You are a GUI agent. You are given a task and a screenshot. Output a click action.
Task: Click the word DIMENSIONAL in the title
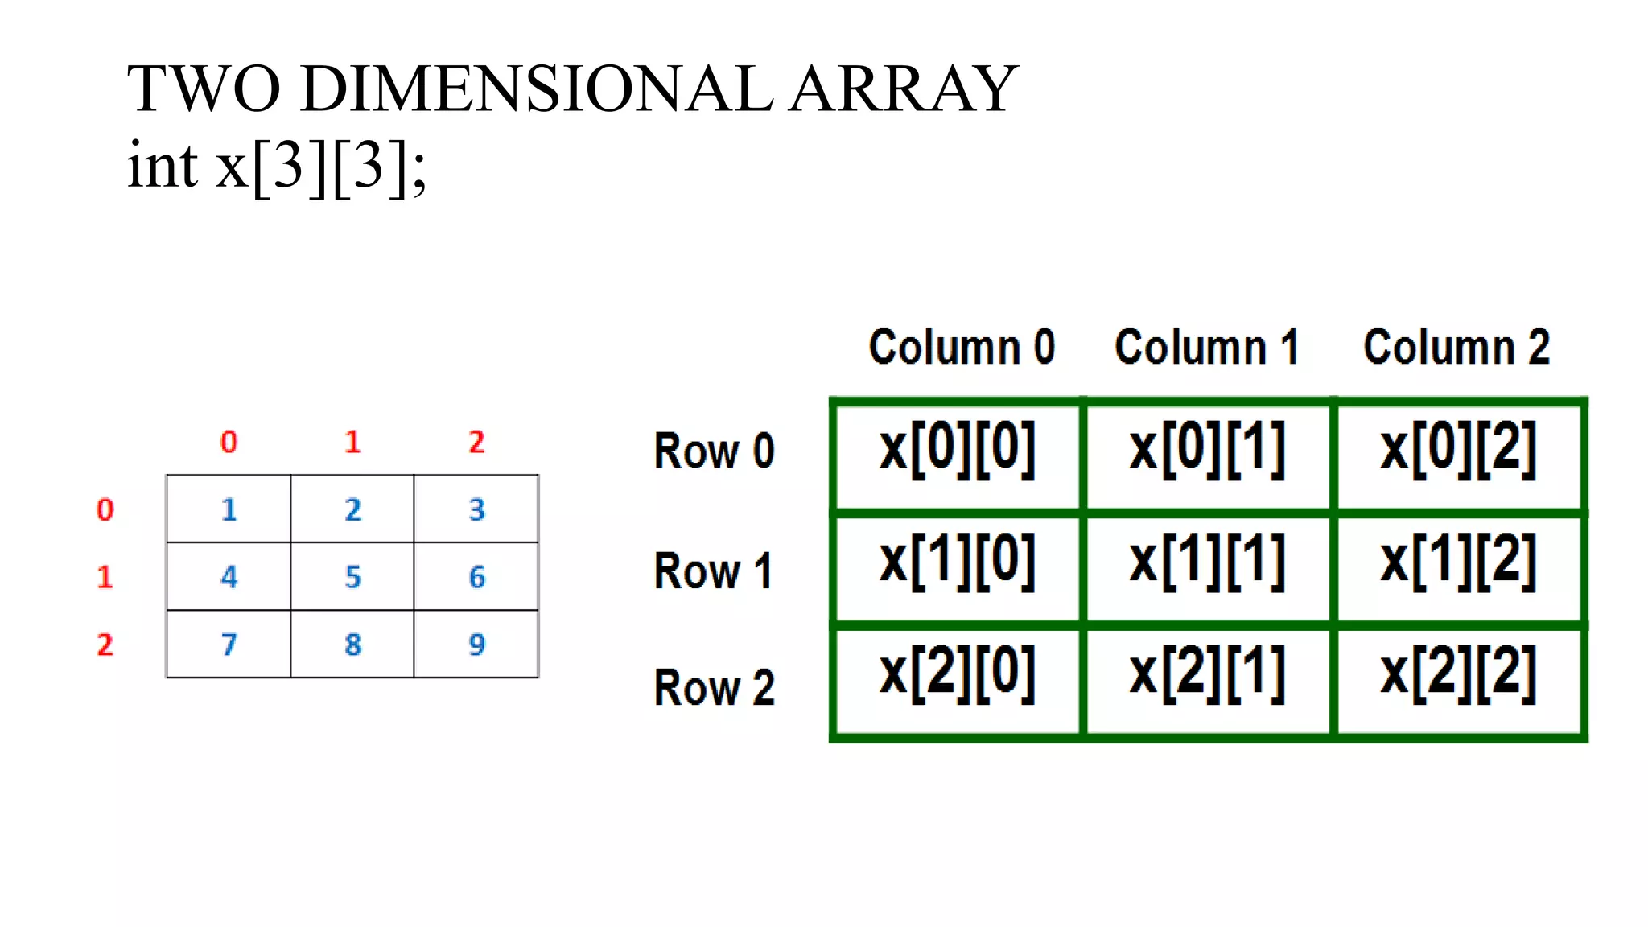pos(537,89)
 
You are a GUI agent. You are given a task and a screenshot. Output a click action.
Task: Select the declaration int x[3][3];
pos(277,166)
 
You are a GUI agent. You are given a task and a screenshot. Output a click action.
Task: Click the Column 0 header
pos(962,347)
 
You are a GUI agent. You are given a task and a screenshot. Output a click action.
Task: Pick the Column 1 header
pos(1206,347)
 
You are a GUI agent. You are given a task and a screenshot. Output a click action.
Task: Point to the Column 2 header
pos(1456,347)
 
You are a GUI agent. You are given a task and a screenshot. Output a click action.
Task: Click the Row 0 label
pos(714,451)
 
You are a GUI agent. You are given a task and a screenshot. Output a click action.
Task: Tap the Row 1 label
pos(714,571)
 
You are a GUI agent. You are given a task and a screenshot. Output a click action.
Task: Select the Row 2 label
pos(714,688)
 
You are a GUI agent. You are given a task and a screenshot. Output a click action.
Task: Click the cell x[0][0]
pos(958,451)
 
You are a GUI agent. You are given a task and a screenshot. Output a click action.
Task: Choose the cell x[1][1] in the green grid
pos(1207,562)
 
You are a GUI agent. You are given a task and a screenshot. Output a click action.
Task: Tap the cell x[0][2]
pos(1458,451)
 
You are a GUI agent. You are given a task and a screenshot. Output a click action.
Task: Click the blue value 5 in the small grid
pos(352,577)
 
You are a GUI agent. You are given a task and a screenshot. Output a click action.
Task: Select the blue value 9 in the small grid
pos(476,645)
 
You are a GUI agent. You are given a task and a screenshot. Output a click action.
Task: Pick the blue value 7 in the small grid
pos(229,645)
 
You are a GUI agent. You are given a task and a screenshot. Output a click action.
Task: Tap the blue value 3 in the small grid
pos(476,509)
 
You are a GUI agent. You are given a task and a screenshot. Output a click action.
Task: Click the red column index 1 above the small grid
pos(352,442)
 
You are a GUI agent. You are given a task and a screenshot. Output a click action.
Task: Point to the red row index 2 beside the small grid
pos(105,645)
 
